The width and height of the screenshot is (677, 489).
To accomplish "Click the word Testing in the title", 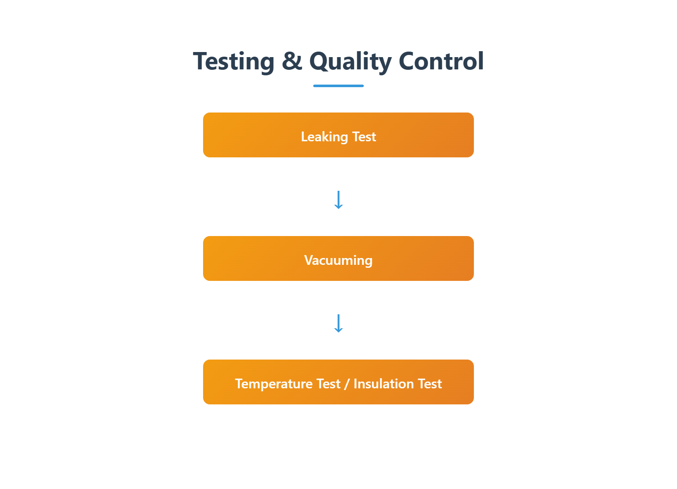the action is (x=234, y=62).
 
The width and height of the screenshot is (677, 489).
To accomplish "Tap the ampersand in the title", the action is (x=292, y=61).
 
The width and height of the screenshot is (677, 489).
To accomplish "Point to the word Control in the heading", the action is (x=441, y=61).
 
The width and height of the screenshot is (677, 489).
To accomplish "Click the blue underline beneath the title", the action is (x=338, y=86).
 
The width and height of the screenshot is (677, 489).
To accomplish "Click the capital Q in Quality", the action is (x=319, y=61).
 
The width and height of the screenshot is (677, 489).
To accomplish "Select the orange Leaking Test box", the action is (x=338, y=135).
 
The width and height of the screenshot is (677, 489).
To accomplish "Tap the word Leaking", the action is (x=324, y=137).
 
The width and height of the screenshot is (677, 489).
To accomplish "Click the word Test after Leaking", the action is (x=364, y=137).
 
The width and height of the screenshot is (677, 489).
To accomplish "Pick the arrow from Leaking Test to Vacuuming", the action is (x=338, y=200).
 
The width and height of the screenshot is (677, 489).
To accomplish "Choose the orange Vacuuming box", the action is (x=338, y=258).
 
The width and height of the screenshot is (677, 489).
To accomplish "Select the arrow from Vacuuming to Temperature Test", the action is (x=338, y=323).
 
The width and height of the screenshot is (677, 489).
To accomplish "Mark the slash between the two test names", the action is (x=347, y=384).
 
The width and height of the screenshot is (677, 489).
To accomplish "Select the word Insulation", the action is (x=383, y=384).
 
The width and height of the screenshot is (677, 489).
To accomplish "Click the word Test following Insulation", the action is (x=430, y=384).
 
